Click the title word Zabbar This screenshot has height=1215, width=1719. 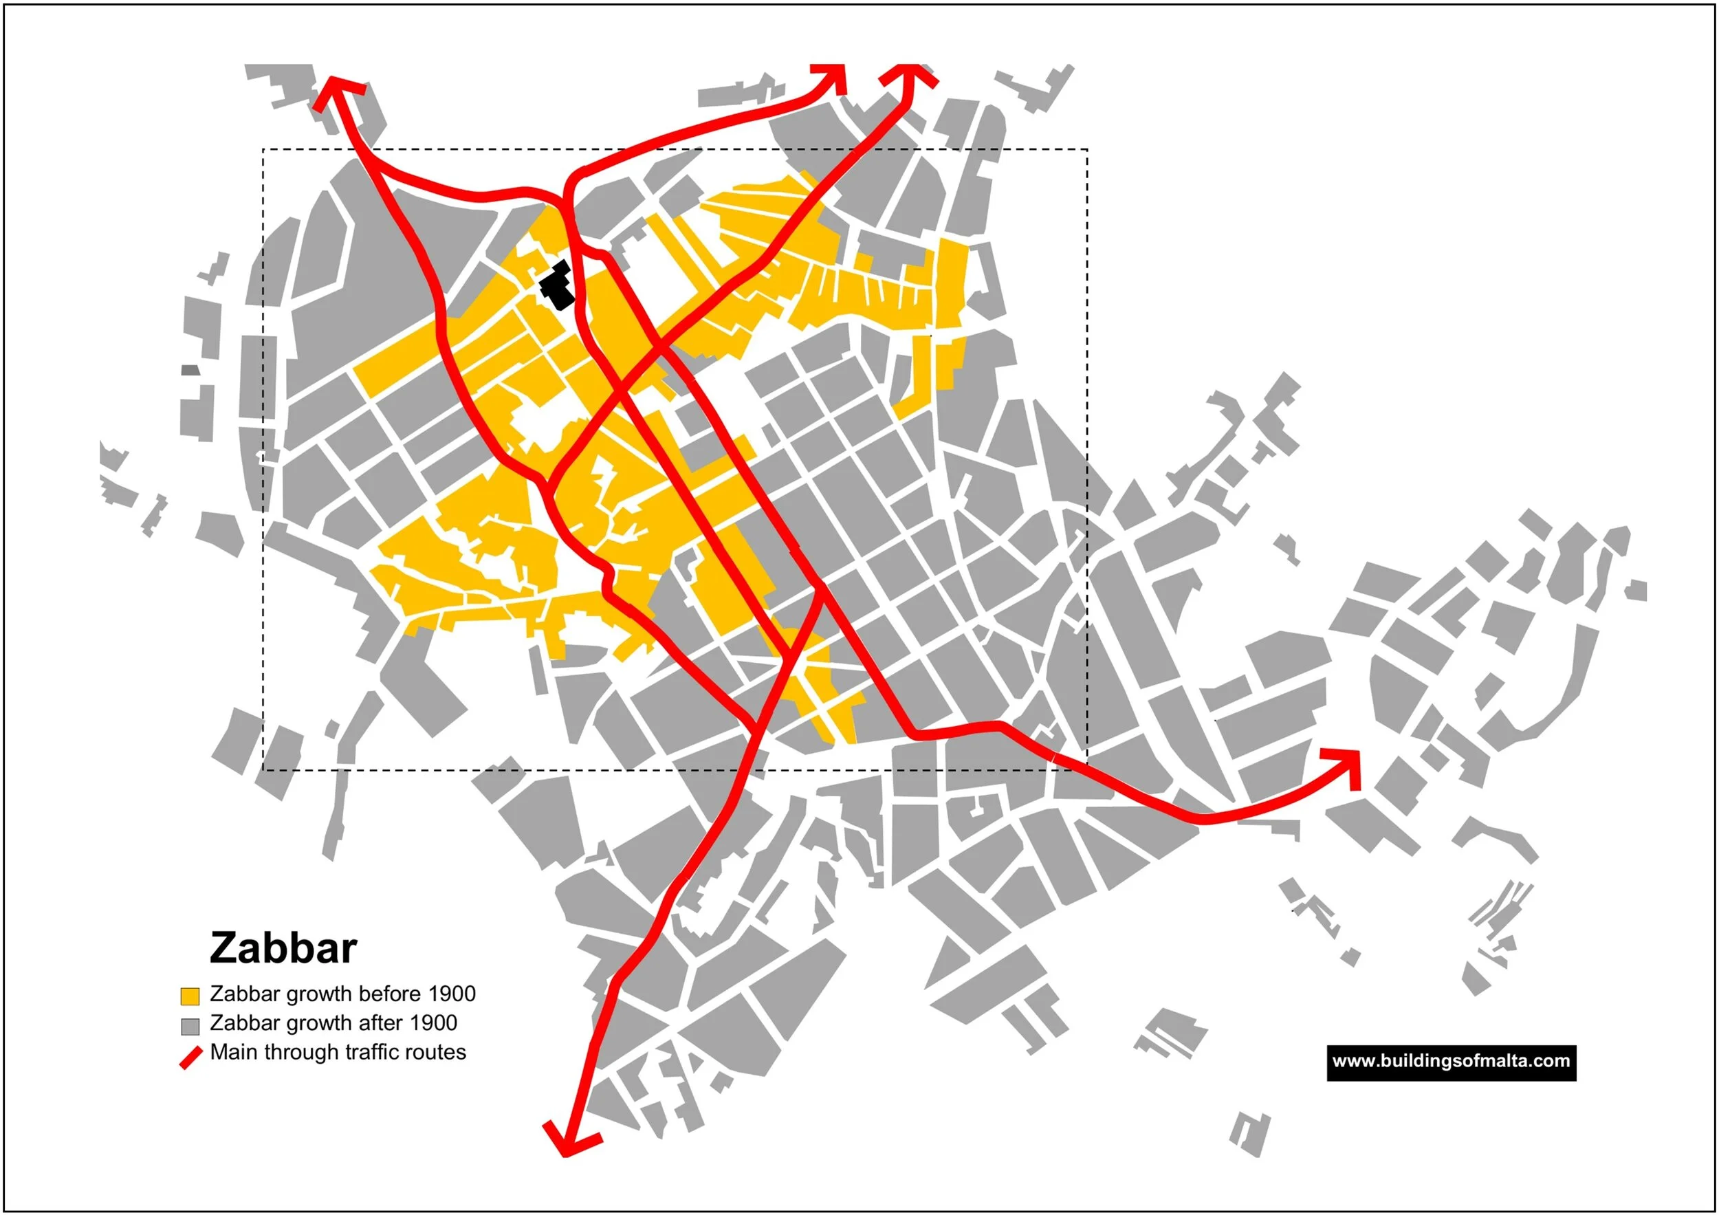(283, 948)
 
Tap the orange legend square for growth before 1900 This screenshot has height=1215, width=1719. (190, 996)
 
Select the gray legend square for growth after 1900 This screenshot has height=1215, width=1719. (190, 1026)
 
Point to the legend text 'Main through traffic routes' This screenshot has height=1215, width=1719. (338, 1052)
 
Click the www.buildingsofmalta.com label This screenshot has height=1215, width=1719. (1451, 1062)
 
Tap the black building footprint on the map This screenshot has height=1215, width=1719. (558, 287)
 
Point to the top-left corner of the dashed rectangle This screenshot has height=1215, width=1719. (263, 150)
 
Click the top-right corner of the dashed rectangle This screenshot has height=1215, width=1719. (1087, 150)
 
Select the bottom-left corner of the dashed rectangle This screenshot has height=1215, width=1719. (263, 770)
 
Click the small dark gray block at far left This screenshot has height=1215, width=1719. (191, 370)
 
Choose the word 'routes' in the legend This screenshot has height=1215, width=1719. (437, 1052)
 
